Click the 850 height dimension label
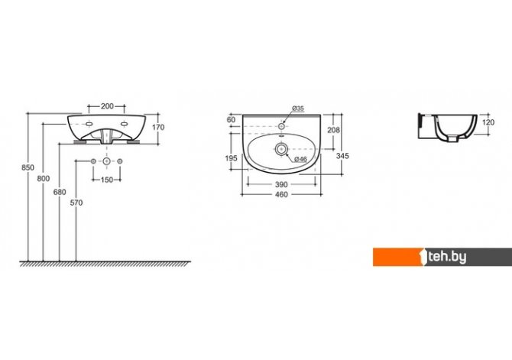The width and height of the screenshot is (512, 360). (x=28, y=167)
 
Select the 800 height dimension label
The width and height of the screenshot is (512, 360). (x=44, y=179)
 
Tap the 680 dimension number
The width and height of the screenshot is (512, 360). (x=60, y=193)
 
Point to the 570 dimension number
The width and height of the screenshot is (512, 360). (x=76, y=203)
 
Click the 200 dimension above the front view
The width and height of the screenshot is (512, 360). (x=107, y=106)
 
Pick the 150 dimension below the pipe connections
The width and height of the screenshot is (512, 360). (x=107, y=180)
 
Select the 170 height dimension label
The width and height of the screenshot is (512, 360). (x=158, y=128)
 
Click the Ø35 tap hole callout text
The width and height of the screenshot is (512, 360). (x=298, y=108)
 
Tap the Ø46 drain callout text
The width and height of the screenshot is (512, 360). (x=300, y=159)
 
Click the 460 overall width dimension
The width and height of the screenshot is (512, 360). (x=281, y=195)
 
